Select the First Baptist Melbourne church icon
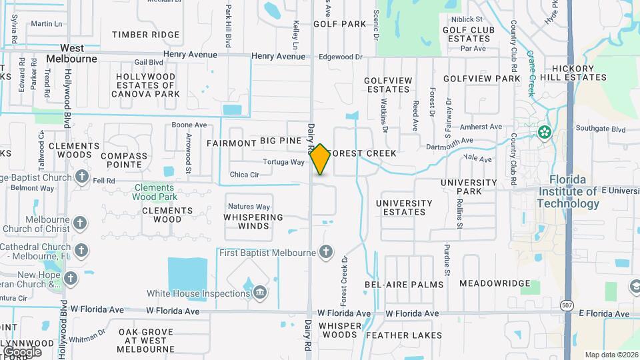click(x=325, y=252)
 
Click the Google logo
click(x=22, y=351)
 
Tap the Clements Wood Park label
click(x=154, y=192)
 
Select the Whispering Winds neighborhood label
click(x=253, y=221)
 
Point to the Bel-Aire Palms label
click(x=404, y=285)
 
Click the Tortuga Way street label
click(x=283, y=162)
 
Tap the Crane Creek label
click(x=531, y=74)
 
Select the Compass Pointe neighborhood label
click(x=124, y=161)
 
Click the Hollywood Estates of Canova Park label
click(x=145, y=85)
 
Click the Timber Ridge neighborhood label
click(x=145, y=35)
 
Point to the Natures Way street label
click(x=249, y=207)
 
